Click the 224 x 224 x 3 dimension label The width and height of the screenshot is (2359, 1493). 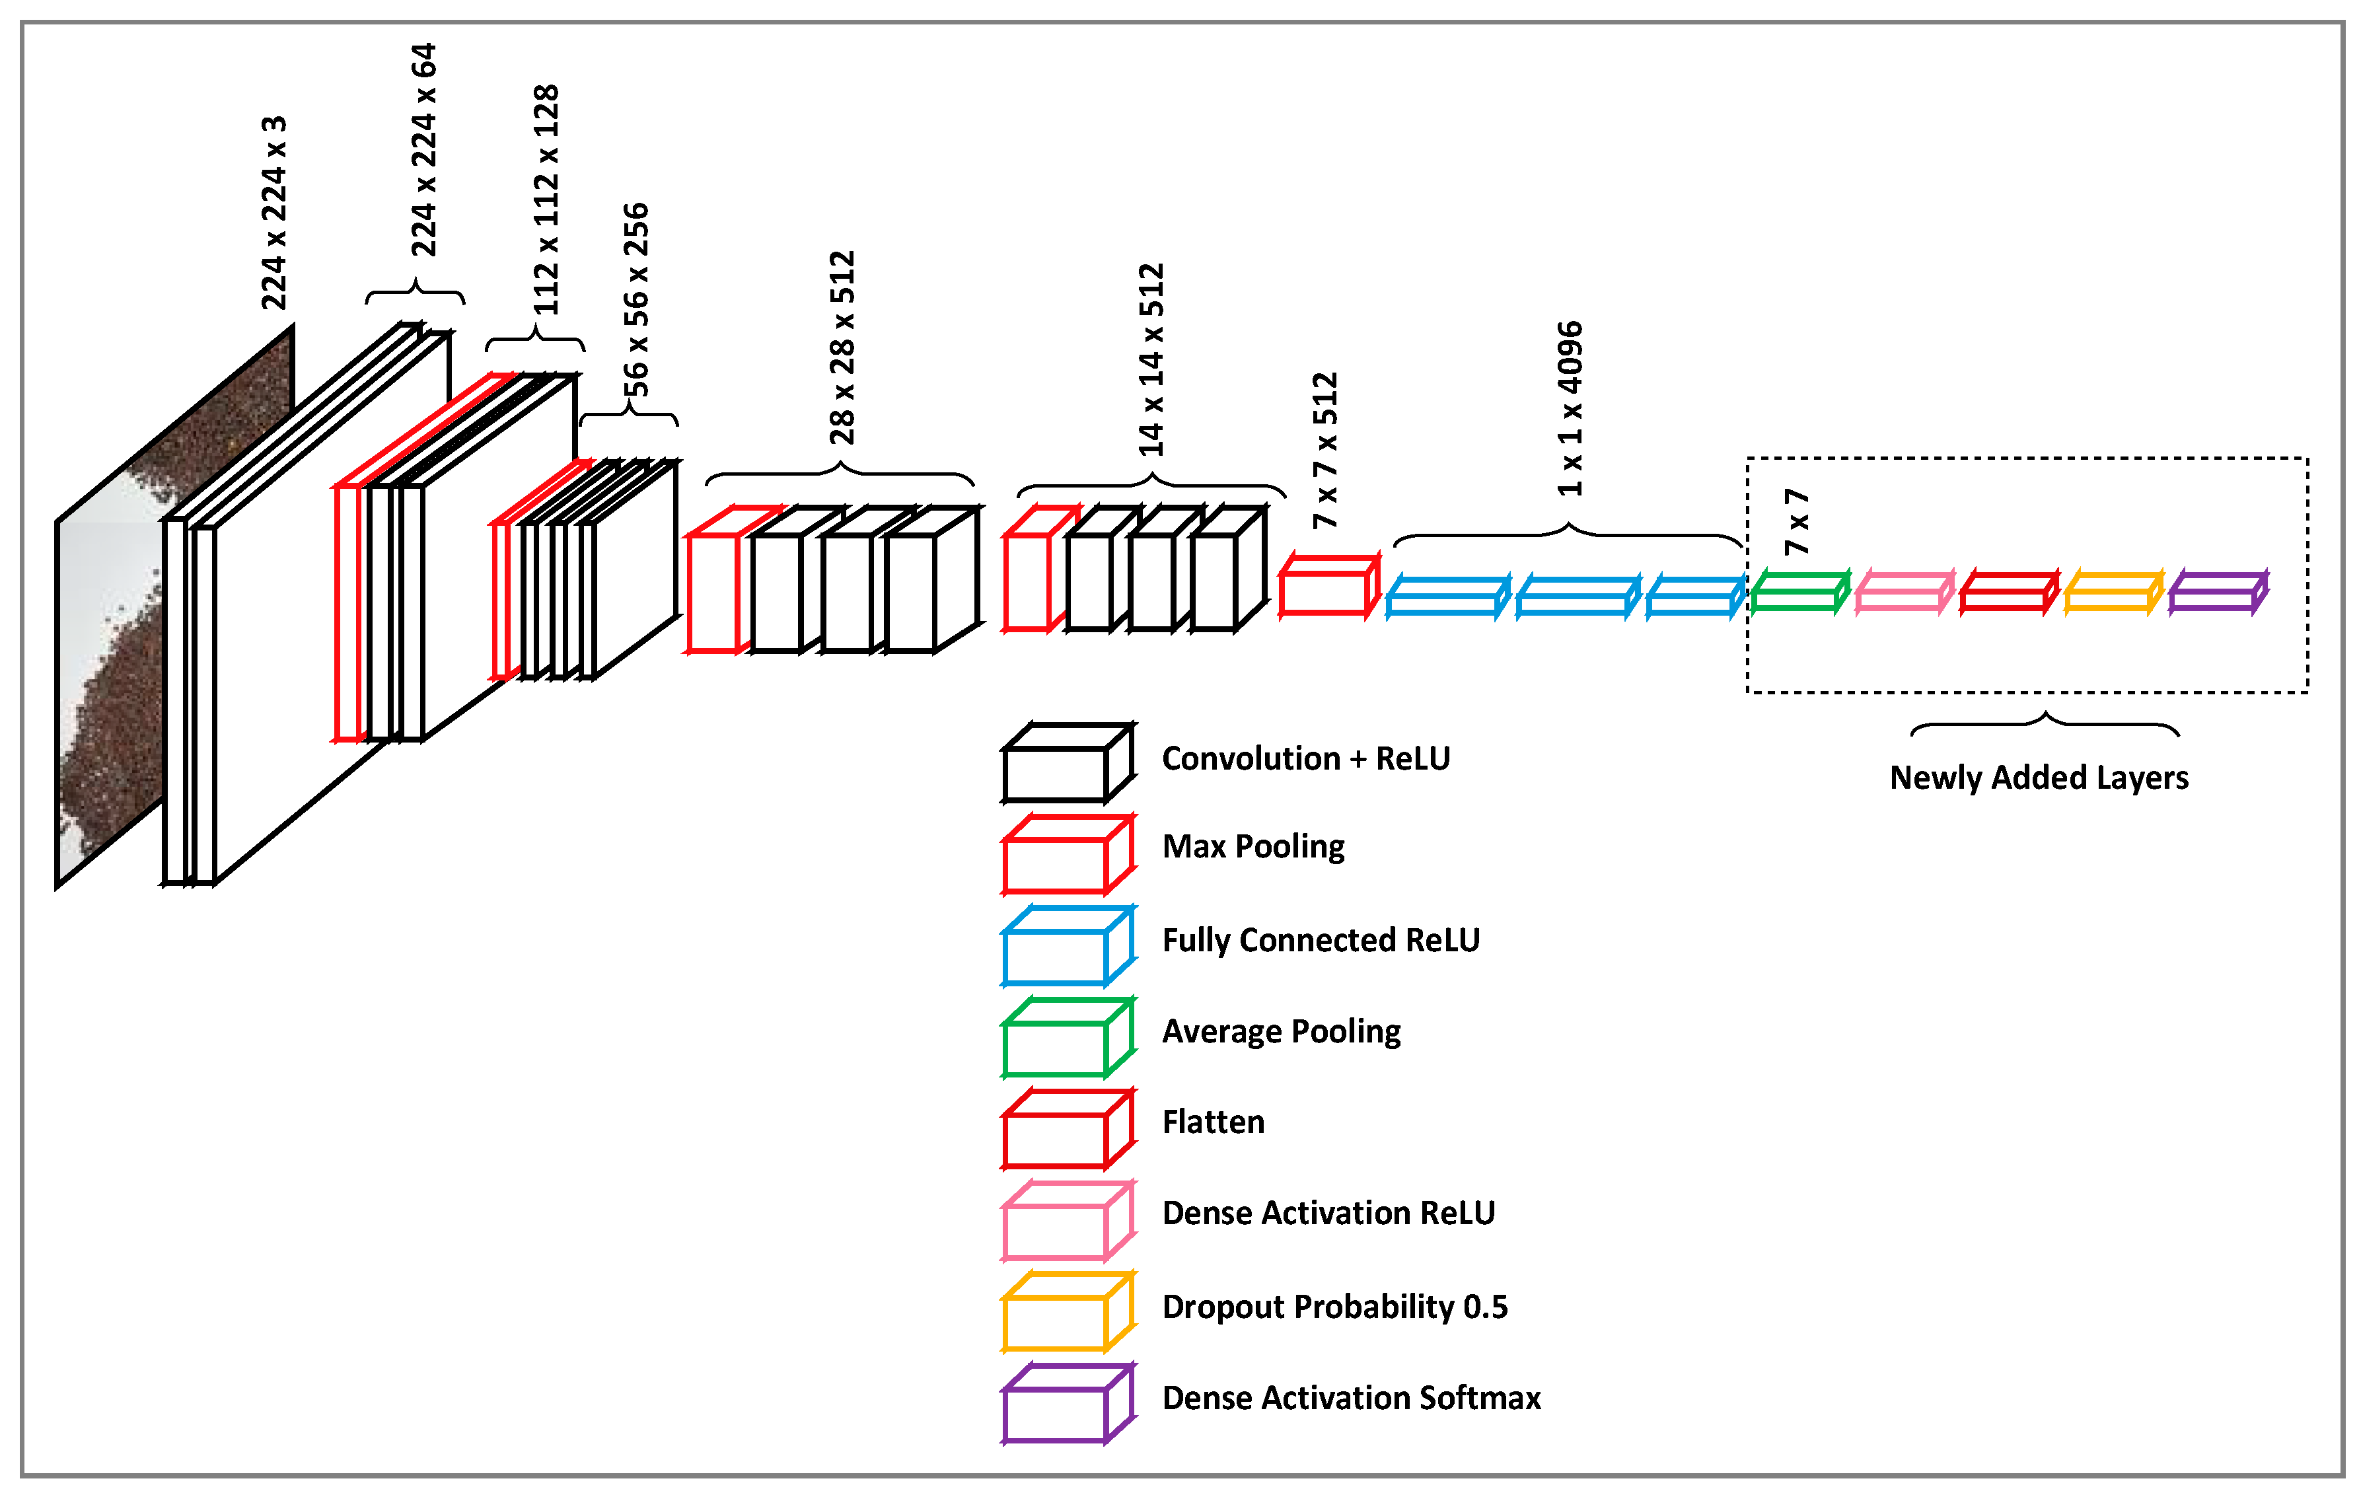click(x=273, y=213)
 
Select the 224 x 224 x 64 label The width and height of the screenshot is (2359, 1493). click(x=423, y=150)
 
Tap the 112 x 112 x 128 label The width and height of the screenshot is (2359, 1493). click(x=546, y=200)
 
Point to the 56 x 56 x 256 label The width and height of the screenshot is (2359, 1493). click(x=635, y=299)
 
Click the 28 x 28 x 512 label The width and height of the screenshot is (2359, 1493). click(x=842, y=347)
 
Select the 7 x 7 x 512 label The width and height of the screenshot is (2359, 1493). click(x=1325, y=451)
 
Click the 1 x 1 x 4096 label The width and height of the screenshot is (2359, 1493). click(x=1570, y=408)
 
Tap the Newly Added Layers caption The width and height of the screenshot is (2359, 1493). click(x=2038, y=777)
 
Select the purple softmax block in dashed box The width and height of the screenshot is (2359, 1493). click(x=2217, y=593)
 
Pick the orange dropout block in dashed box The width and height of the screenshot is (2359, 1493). click(x=2112, y=593)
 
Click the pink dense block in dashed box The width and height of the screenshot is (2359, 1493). click(x=1903, y=593)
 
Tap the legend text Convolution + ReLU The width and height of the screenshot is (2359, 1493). click(x=1305, y=758)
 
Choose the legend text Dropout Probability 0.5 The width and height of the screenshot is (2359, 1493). click(x=1334, y=1306)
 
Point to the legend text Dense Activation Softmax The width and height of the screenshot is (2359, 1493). click(x=1351, y=1397)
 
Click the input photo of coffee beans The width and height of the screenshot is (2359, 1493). click(x=118, y=666)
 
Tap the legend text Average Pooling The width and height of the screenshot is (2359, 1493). click(x=1280, y=1031)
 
